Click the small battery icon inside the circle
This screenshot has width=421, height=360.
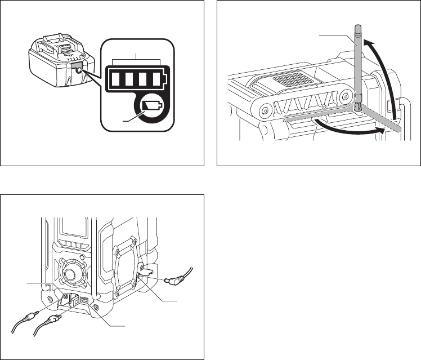pyautogui.click(x=151, y=106)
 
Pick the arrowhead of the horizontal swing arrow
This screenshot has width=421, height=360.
pyautogui.click(x=385, y=130)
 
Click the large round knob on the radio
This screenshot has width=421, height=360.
pyautogui.click(x=71, y=275)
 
